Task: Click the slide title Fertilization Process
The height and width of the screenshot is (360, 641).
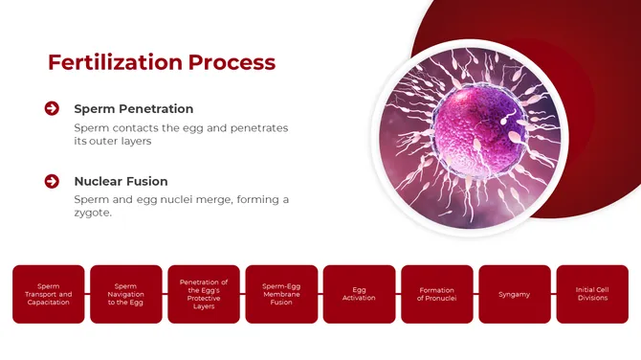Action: click(x=162, y=63)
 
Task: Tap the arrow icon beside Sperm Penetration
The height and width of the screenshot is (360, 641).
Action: click(x=52, y=108)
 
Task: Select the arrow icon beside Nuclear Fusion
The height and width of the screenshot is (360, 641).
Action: click(x=52, y=180)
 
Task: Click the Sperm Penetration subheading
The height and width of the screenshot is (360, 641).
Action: click(x=133, y=109)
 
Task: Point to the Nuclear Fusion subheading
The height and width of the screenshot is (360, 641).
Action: click(x=121, y=181)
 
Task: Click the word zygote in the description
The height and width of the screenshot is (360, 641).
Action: click(x=92, y=214)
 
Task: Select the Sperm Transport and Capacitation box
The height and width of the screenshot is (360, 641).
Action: click(x=48, y=294)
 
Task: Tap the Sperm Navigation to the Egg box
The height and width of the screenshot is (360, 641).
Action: click(x=125, y=294)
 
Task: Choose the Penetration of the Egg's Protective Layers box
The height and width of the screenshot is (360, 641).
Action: click(x=204, y=294)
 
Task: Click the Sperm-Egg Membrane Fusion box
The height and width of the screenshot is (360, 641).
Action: click(x=281, y=294)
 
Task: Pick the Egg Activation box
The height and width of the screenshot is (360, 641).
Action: click(x=359, y=294)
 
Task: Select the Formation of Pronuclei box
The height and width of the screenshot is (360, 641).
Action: click(x=436, y=294)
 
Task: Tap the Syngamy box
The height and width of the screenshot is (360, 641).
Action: click(x=514, y=294)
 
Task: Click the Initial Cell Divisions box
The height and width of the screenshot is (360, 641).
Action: click(x=592, y=294)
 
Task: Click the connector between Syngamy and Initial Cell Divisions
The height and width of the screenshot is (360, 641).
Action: click(x=553, y=294)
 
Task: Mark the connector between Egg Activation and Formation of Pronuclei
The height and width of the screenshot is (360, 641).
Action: click(x=398, y=294)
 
